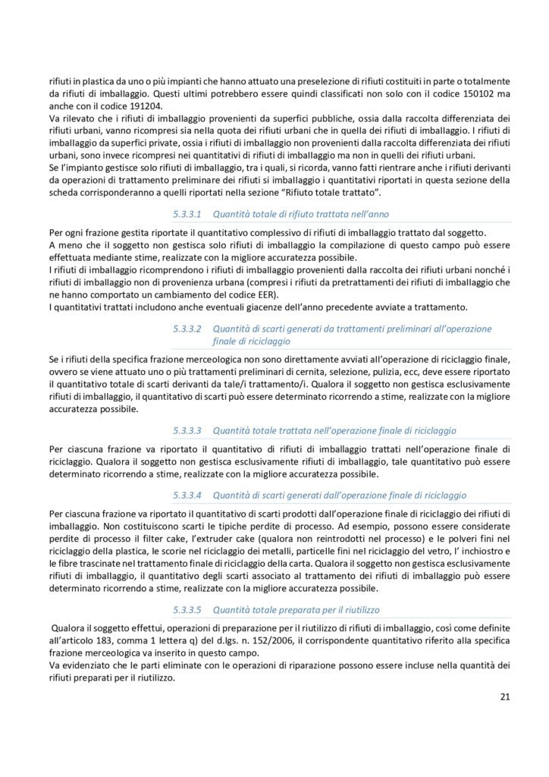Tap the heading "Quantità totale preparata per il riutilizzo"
(x=296, y=609)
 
